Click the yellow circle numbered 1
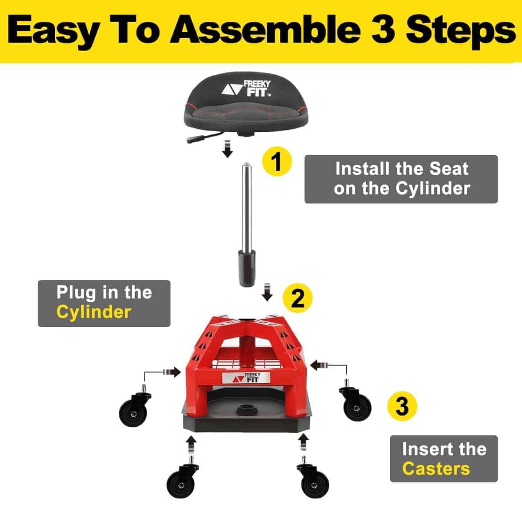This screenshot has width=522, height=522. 277,162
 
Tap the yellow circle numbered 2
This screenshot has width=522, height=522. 298,298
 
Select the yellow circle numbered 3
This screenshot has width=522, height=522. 402,406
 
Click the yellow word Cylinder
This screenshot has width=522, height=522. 94,312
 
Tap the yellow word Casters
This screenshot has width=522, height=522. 436,468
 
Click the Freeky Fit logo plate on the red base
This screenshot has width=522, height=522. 246,378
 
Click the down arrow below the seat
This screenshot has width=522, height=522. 228,149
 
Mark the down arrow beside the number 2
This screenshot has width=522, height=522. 267,292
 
